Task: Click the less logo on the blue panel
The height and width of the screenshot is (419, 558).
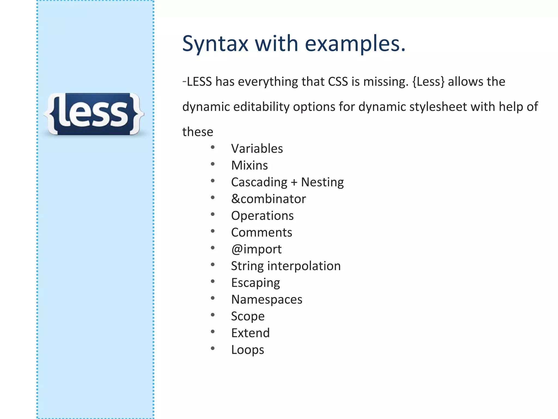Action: point(94,114)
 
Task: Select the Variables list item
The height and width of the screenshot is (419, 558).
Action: point(257,149)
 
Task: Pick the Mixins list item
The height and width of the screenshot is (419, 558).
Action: point(249,165)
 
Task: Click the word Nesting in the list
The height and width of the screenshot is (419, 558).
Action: point(322,182)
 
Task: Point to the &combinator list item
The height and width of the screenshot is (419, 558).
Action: point(268,199)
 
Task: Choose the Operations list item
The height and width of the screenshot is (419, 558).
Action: point(262,216)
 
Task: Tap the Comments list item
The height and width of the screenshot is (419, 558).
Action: point(262,232)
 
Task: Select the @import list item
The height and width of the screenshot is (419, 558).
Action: point(256,249)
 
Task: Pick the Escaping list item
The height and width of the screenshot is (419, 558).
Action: point(256,283)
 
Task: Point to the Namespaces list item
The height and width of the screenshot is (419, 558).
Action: point(267,300)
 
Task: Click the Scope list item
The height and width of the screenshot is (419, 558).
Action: point(248,316)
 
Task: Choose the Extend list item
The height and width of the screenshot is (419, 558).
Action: point(250,333)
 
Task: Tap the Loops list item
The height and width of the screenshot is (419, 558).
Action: point(247,350)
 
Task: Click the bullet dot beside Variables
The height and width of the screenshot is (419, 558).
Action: point(213,148)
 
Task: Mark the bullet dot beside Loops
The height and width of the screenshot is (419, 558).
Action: point(213,348)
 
